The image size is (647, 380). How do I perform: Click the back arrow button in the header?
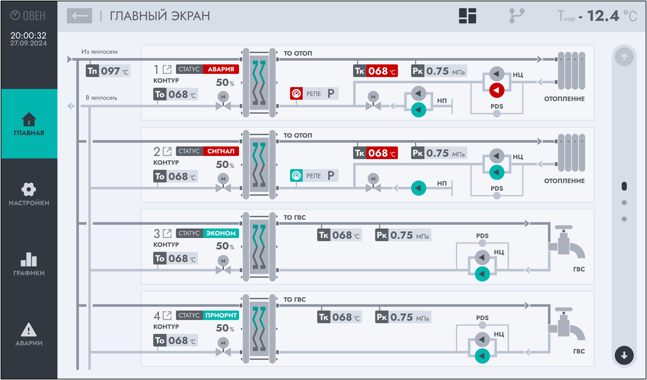pos(79,16)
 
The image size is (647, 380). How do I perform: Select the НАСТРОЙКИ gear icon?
pos(29,189)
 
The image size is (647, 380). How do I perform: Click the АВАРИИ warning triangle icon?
pos(29,330)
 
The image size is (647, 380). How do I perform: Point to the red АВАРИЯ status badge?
pos(221,69)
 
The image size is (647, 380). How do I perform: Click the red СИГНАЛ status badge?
pos(221,151)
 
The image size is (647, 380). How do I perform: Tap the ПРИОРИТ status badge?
pos(221,315)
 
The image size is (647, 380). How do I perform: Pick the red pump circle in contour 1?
pos(497,90)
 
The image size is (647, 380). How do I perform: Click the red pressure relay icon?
pos(296,94)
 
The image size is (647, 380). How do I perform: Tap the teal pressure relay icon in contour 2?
pos(296,176)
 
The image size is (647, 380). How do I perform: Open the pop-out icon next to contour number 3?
pos(167,233)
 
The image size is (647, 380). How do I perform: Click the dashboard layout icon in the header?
pos(468,16)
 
